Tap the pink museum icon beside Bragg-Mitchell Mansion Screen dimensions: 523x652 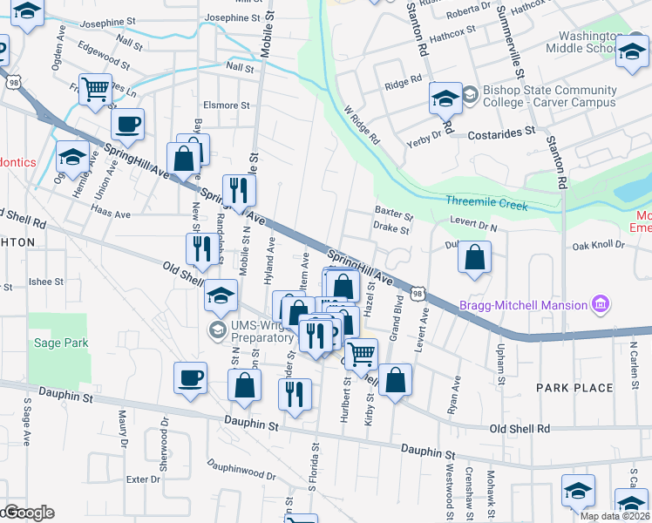(600, 304)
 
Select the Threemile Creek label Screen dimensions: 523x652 (486, 200)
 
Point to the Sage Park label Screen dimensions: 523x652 (61, 343)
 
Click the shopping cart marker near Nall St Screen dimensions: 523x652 (95, 88)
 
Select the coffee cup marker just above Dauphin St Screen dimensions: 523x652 (190, 377)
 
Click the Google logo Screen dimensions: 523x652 (28, 513)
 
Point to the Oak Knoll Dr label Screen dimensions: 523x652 (599, 246)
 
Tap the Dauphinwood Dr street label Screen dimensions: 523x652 (241, 471)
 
